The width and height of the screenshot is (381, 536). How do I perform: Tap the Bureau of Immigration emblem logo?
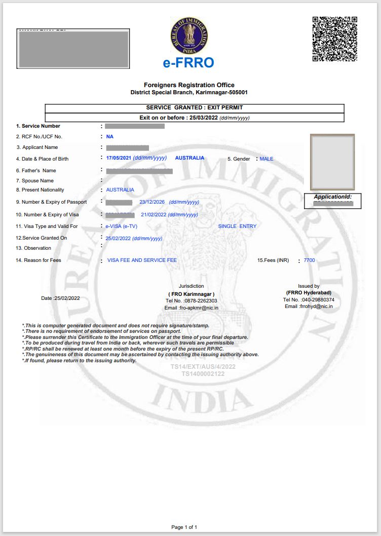(189, 35)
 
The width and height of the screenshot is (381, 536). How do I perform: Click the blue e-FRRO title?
(188, 63)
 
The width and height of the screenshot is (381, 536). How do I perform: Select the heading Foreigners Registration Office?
(189, 85)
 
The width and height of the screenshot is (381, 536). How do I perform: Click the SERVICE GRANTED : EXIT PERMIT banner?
(195, 107)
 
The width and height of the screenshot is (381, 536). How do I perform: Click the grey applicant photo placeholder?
(332, 162)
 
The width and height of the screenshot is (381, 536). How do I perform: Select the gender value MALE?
(266, 159)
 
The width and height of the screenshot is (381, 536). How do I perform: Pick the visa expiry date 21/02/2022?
(154, 214)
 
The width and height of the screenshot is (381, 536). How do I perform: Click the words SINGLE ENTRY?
(237, 226)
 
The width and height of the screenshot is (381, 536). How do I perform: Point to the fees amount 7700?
(309, 260)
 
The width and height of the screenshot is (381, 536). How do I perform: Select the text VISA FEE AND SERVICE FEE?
(142, 260)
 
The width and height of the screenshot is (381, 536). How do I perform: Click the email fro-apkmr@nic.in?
(198, 308)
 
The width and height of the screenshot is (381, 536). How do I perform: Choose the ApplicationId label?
(332, 197)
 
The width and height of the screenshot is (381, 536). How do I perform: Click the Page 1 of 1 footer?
(184, 527)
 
